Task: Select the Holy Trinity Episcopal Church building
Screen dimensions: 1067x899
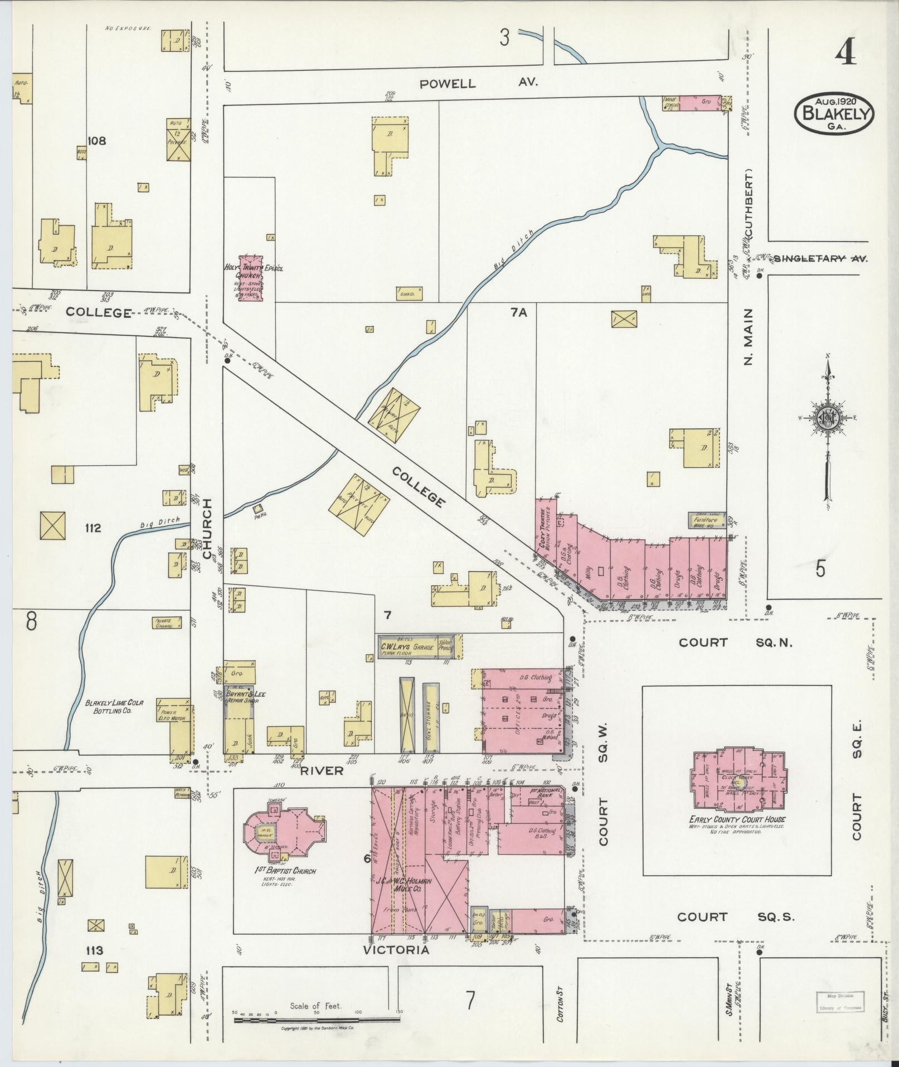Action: point(250,278)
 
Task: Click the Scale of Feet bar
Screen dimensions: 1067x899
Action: point(316,1018)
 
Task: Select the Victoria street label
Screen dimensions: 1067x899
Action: point(396,949)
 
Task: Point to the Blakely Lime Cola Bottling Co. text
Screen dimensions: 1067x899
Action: point(114,707)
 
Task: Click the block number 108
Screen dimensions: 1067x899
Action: point(96,141)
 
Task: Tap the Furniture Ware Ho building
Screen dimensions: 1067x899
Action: point(706,520)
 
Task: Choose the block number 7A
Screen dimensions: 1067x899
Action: point(518,313)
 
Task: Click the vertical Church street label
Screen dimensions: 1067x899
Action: point(207,528)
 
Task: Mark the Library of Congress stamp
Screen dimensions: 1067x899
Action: point(840,1002)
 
